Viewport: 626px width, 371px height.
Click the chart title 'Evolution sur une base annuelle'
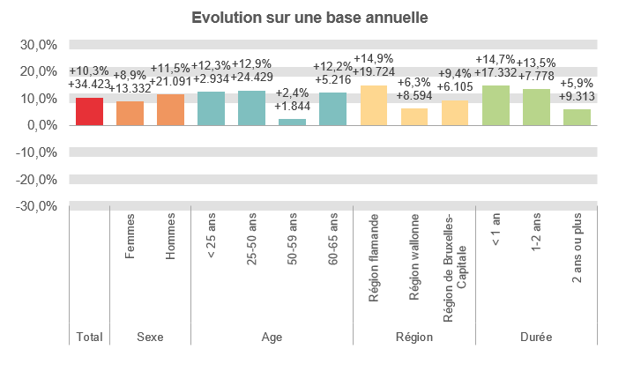click(312, 18)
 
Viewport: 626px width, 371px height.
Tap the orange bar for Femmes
click(130, 113)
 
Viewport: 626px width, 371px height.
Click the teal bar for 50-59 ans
click(292, 122)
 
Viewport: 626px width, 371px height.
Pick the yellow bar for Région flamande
click(374, 105)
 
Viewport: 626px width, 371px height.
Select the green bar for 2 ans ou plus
click(577, 116)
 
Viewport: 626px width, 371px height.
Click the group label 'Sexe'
click(150, 337)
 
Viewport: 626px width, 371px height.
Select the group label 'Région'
click(414, 337)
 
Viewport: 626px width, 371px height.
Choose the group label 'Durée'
click(536, 337)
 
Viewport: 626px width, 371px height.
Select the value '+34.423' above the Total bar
click(89, 85)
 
